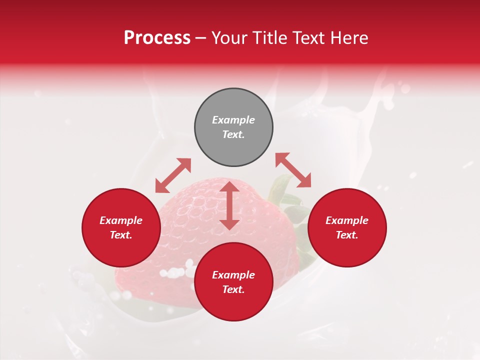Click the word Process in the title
click(x=157, y=38)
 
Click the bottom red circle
click(x=233, y=305)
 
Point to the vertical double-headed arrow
click(x=229, y=205)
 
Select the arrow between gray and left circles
click(x=173, y=175)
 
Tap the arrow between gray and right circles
click(x=293, y=170)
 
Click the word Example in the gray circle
click(x=233, y=120)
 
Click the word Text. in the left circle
click(x=121, y=235)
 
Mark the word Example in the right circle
click(x=347, y=220)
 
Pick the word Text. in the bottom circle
click(x=233, y=289)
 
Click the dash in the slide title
click(x=200, y=38)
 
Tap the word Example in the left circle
click(x=121, y=220)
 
